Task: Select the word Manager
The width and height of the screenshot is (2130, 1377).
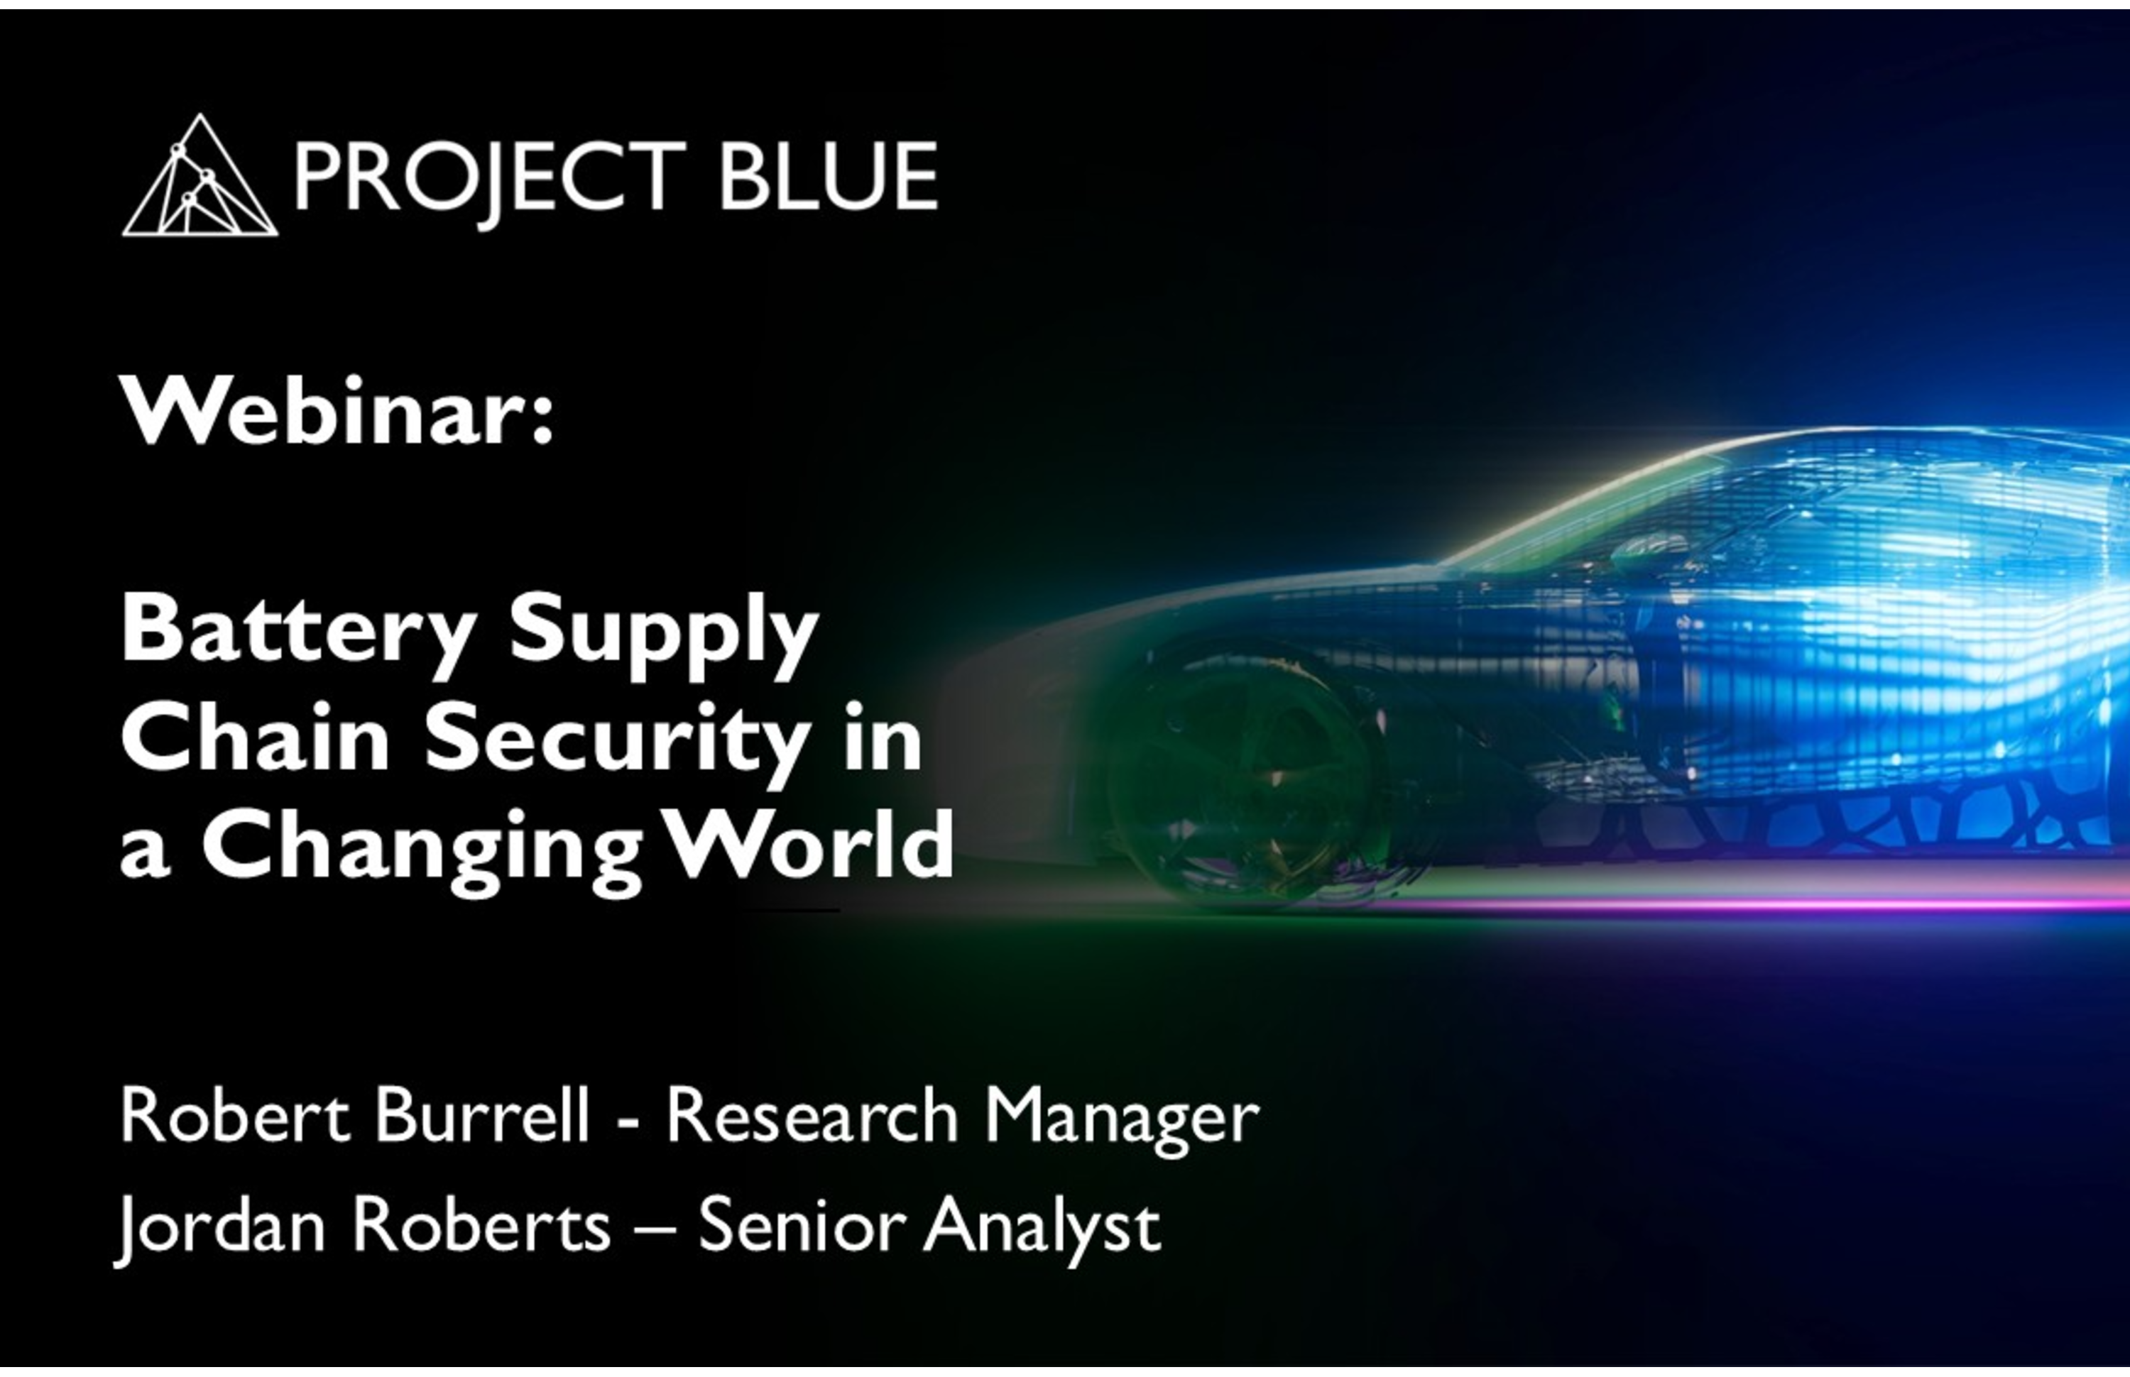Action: click(1121, 1121)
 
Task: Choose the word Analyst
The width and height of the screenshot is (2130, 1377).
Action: click(1042, 1230)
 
